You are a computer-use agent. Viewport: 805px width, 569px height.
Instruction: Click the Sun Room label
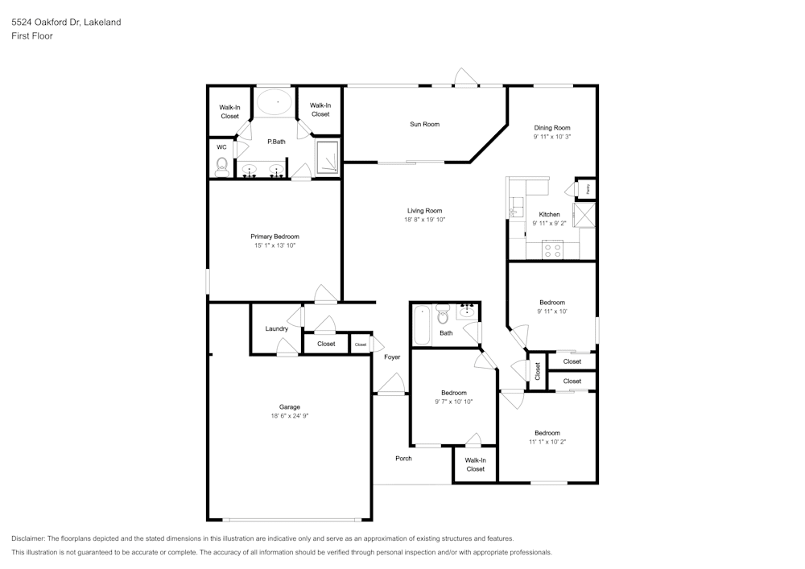424,124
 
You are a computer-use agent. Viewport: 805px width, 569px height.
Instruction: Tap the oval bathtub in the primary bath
276,101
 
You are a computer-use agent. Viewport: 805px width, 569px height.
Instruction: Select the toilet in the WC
222,166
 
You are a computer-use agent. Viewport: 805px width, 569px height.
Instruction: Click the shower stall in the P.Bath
327,157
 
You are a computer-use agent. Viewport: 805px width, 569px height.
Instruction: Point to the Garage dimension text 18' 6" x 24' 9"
290,416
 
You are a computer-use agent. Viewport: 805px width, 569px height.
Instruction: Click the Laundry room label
276,328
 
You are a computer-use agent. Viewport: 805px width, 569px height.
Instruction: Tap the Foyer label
392,357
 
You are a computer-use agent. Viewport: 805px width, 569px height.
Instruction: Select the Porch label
403,458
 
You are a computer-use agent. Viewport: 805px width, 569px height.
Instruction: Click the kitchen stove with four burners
553,250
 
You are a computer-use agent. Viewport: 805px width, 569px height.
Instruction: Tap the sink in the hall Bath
468,310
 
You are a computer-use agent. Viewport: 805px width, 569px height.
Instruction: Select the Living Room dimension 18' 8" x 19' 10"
424,220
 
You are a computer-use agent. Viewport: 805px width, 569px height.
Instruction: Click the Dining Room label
552,128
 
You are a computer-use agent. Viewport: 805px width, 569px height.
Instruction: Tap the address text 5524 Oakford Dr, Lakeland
66,23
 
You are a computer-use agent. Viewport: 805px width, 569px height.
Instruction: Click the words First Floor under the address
32,36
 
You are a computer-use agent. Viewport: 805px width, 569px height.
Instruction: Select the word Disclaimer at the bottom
28,538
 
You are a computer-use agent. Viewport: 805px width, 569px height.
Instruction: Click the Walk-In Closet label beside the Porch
475,464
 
